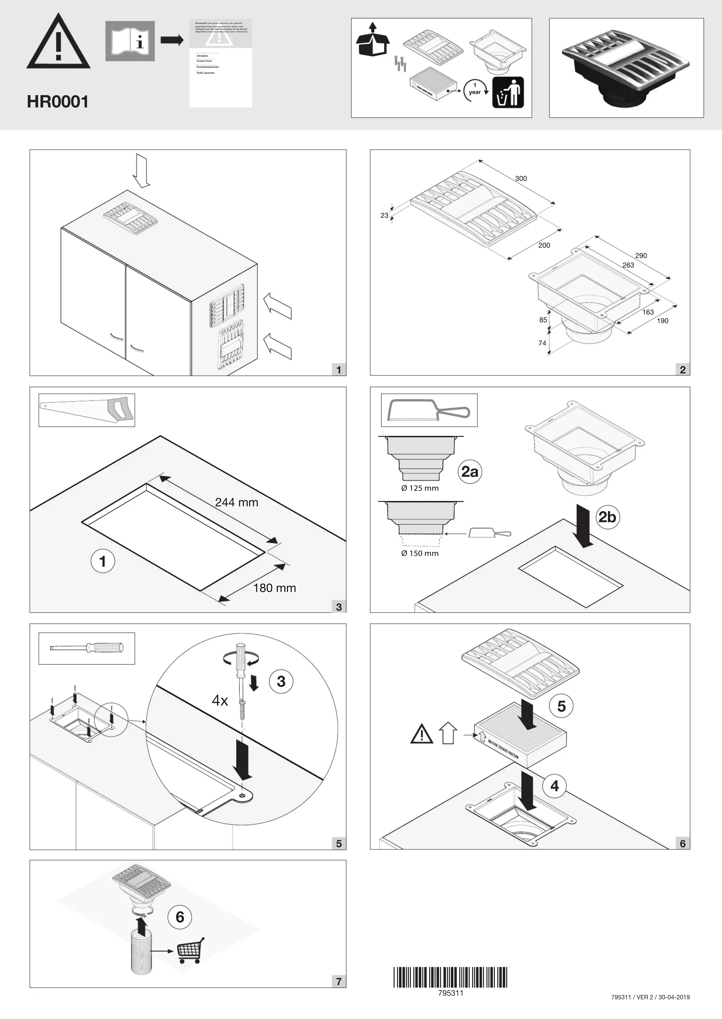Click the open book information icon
pyautogui.click(x=130, y=41)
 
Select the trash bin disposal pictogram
pyautogui.click(x=508, y=92)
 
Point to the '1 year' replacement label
pyautogui.click(x=475, y=89)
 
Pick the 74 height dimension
pyautogui.click(x=542, y=343)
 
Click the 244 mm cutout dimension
pyautogui.click(x=236, y=502)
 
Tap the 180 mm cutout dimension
pyautogui.click(x=274, y=588)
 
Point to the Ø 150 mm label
pyautogui.click(x=420, y=554)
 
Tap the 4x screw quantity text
pyautogui.click(x=220, y=701)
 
